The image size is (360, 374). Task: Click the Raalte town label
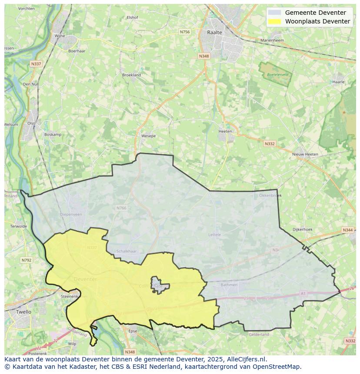(214, 33)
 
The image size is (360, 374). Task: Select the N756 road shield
(185, 32)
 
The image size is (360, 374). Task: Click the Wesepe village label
(148, 136)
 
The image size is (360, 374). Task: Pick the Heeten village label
(225, 131)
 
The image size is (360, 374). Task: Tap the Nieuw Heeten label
(305, 154)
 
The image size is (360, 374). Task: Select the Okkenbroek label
(270, 195)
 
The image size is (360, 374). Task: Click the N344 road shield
(347, 230)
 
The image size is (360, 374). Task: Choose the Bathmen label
(229, 285)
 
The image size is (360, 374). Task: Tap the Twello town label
(23, 312)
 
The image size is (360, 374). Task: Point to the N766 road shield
(121, 208)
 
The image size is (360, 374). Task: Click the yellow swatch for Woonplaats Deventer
(274, 21)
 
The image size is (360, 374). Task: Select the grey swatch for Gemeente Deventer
(274, 13)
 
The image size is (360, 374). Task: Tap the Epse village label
(133, 331)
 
